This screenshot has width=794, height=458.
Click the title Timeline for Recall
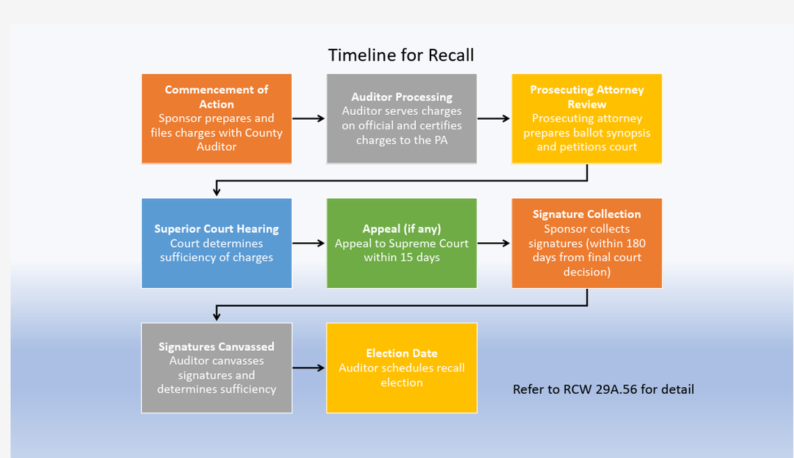[x=400, y=55]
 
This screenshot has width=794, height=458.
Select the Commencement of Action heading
[x=217, y=97]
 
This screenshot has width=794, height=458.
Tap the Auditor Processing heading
[x=402, y=97]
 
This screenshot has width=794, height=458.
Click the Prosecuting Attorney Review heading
[x=586, y=97]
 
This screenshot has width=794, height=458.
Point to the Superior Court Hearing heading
[x=217, y=228]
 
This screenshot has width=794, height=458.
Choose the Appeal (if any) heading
[x=402, y=228]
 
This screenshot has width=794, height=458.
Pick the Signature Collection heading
[x=586, y=214]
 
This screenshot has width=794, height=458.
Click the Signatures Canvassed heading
[x=217, y=347]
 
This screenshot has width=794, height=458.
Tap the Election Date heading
[x=402, y=354]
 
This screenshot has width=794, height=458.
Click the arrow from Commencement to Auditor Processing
[x=309, y=118]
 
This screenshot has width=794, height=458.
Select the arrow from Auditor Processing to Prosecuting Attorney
[x=494, y=118]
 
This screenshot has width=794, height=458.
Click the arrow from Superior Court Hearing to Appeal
[x=309, y=244]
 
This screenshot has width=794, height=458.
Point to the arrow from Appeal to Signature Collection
[x=494, y=244]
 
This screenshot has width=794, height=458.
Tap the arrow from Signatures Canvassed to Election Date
[x=309, y=368]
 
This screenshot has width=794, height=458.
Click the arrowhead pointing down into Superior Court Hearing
[x=217, y=191]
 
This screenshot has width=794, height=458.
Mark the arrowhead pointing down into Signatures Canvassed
[x=217, y=316]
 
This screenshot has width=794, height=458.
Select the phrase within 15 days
[x=402, y=258]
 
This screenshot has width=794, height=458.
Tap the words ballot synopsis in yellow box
[x=612, y=132]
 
